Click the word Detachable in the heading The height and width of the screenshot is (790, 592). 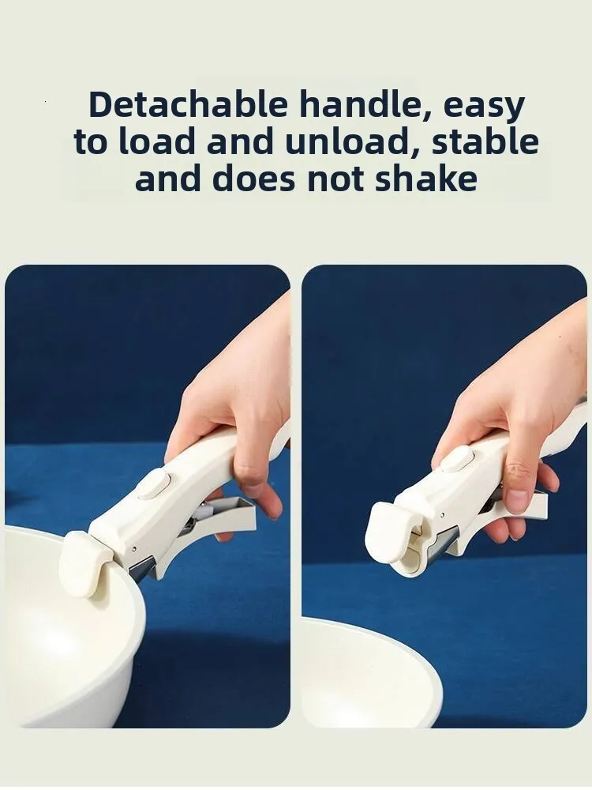(189, 104)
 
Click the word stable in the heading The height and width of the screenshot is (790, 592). (485, 141)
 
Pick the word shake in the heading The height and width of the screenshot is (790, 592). (426, 179)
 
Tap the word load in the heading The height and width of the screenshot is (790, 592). (156, 142)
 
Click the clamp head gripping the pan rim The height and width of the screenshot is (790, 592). (85, 564)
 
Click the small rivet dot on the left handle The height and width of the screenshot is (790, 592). (134, 549)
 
